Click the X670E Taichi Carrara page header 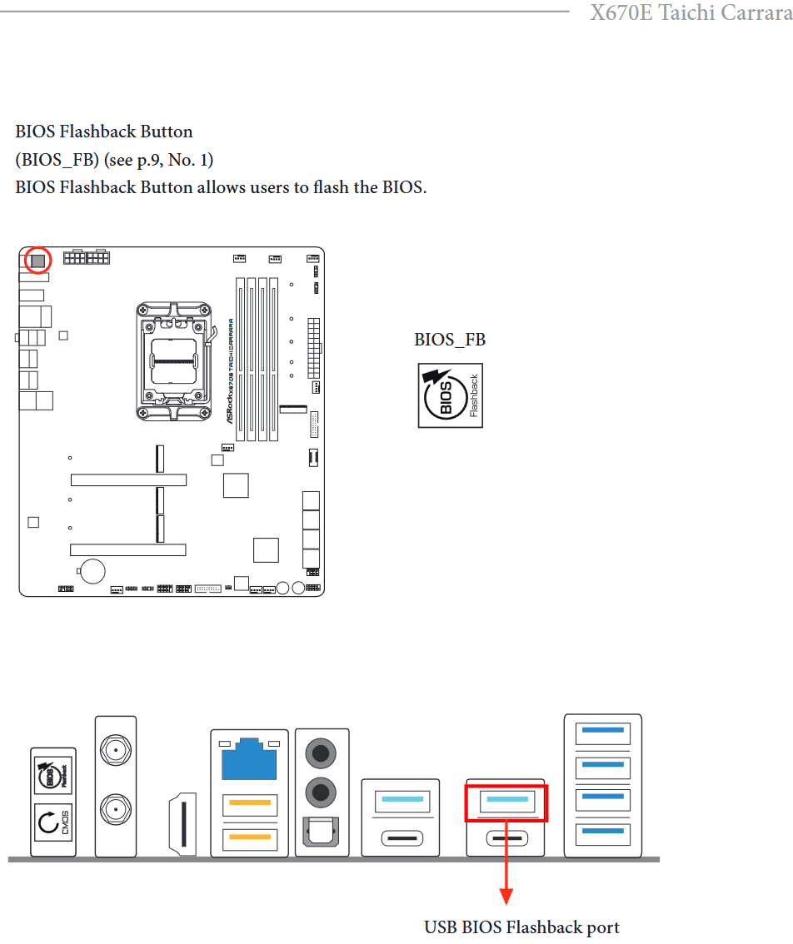tap(691, 13)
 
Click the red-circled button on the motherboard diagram tap(37, 260)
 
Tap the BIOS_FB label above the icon tap(450, 340)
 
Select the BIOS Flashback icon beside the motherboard tap(450, 395)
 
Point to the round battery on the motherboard tap(92, 570)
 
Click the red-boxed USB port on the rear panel tap(506, 802)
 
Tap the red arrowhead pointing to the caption tap(506, 896)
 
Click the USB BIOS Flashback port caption tap(521, 927)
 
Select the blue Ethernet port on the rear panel tap(249, 759)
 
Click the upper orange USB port tap(249, 804)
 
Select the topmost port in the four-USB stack tap(603, 732)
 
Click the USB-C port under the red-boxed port tap(506, 837)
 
